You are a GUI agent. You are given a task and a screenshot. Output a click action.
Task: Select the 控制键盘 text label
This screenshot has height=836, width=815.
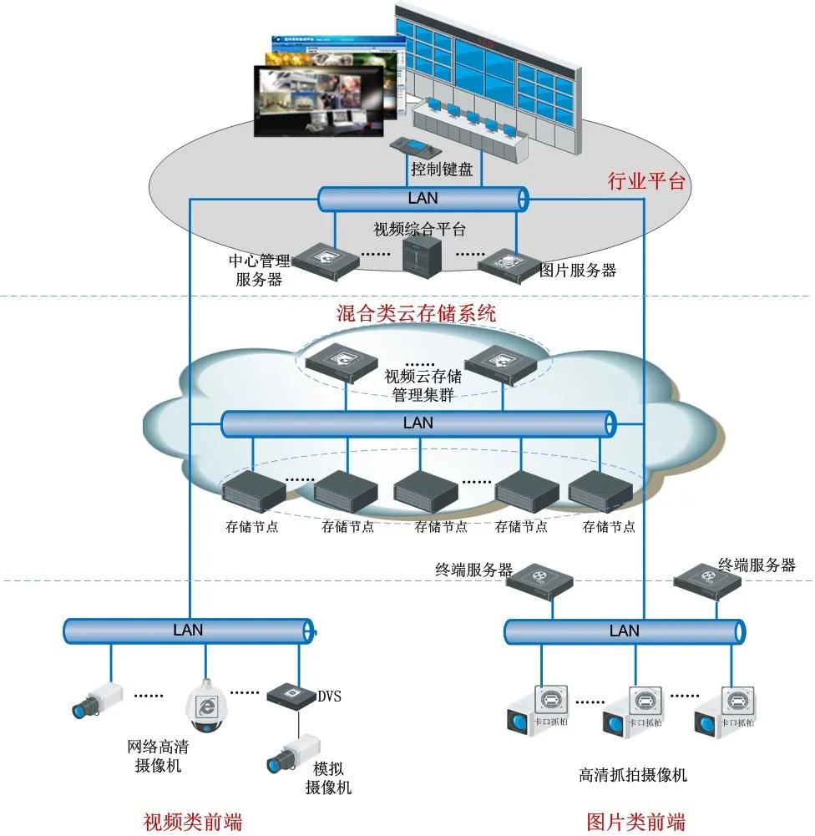pos(442,170)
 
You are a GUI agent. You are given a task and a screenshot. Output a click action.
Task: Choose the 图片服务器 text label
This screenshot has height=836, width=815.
pos(578,270)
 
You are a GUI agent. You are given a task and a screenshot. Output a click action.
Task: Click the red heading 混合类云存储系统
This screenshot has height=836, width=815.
pos(416,314)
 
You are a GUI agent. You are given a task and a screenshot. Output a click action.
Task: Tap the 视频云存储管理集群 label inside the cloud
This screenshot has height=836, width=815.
pos(423,386)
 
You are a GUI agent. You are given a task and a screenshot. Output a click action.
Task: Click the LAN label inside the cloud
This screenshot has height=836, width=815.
pos(418,423)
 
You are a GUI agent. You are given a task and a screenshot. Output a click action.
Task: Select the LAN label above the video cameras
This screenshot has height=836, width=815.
pos(188,630)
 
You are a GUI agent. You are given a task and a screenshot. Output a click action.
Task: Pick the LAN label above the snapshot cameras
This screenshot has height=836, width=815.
pos(624,631)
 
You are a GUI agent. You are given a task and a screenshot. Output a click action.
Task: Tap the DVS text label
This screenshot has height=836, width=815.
pos(330,696)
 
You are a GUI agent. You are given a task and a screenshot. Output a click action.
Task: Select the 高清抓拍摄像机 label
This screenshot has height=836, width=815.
pos(633,775)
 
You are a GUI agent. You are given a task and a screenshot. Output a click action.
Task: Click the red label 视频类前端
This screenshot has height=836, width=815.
pos(194,820)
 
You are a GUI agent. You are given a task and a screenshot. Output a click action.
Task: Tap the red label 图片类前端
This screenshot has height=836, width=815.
pos(635,820)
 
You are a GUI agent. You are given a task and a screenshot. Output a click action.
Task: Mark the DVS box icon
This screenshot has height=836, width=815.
pos(291,695)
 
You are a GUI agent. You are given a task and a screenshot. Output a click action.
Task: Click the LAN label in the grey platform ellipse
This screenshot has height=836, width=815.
pos(423,199)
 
